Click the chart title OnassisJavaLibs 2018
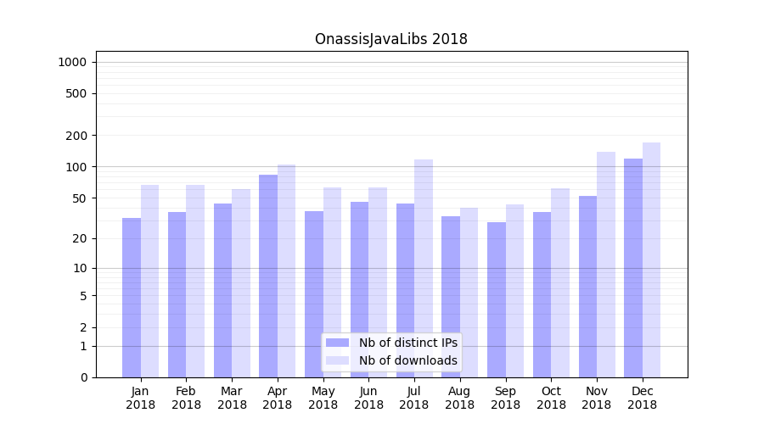390,39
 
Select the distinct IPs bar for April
268,276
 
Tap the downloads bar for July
424,268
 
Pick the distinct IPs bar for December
633,268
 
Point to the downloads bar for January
150,281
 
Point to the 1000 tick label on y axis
72,62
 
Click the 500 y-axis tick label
77,93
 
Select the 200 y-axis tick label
77,136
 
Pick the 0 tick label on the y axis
83,377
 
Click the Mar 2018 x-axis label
232,398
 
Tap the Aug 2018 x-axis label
459,398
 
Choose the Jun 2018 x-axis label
368,398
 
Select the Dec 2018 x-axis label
642,398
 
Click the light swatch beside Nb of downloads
337,360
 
